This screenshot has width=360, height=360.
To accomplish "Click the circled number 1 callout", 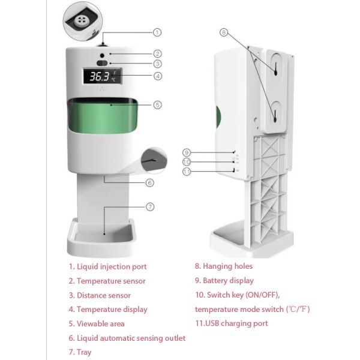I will coord(157,32).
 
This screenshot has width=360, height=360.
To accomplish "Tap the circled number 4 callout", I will coord(157,76).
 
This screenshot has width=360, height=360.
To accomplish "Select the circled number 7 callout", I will coord(150,206).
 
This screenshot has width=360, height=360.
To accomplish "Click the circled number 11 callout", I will coord(187,172).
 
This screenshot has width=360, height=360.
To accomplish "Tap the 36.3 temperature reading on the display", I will coord(100,77).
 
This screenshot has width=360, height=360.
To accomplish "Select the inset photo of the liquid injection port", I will coord(83,18).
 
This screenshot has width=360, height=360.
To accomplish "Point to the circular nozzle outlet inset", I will coord(154,161).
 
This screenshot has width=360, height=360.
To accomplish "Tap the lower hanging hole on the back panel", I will coord(275,113).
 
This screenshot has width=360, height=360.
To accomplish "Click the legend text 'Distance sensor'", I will coord(103,295).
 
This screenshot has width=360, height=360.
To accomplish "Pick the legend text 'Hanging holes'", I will coord(227,266).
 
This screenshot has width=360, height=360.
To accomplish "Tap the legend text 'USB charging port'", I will coord(235,323).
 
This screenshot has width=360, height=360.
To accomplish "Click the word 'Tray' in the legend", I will coord(84,352).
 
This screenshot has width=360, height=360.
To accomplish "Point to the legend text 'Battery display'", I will coord(228,281).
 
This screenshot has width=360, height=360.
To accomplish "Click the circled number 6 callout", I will coord(150,183).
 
